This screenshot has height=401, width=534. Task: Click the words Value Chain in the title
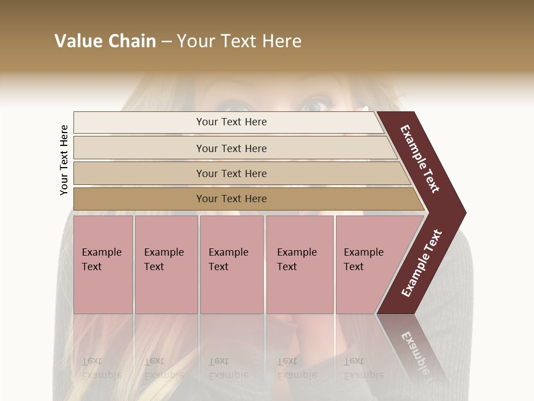[x=105, y=41]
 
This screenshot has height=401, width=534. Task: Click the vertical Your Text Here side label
[x=64, y=160]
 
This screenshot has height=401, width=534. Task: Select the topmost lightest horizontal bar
[x=228, y=122]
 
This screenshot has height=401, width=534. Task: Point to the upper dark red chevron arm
[x=420, y=159]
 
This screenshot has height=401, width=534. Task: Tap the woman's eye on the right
[x=315, y=104]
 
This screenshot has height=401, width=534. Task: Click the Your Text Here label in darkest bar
[x=231, y=199]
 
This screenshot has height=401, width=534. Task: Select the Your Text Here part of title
[x=239, y=41]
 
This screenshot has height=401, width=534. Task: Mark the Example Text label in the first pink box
[x=101, y=260]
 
